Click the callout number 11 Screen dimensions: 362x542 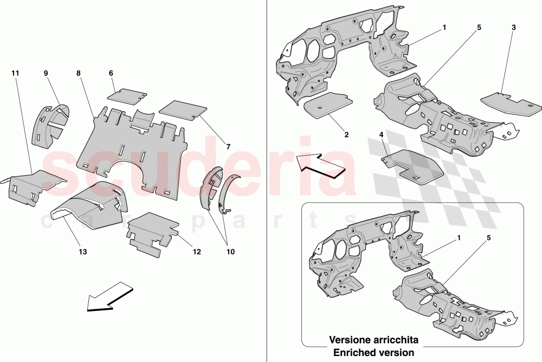point(15,73)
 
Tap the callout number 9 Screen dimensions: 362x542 point(46,73)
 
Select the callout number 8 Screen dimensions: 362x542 point(79,73)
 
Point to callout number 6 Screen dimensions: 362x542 point(111,73)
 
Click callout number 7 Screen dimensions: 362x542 point(228,147)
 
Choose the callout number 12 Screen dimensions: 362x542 point(196,252)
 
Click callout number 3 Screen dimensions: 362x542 point(514,27)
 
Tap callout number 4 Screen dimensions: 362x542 point(382,134)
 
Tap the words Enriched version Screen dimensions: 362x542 point(373,353)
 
